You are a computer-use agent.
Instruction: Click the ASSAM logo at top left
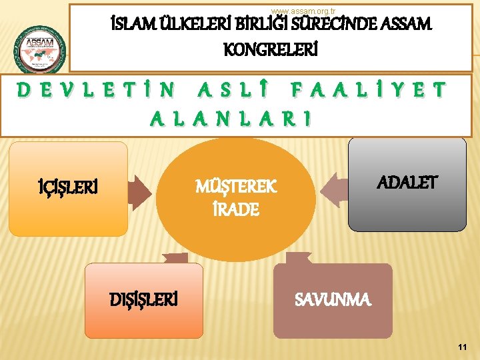click(x=41, y=49)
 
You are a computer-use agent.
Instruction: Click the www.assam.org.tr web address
click(x=299, y=11)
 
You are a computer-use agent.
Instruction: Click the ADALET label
click(x=407, y=181)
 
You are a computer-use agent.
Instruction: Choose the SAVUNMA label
click(x=333, y=300)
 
